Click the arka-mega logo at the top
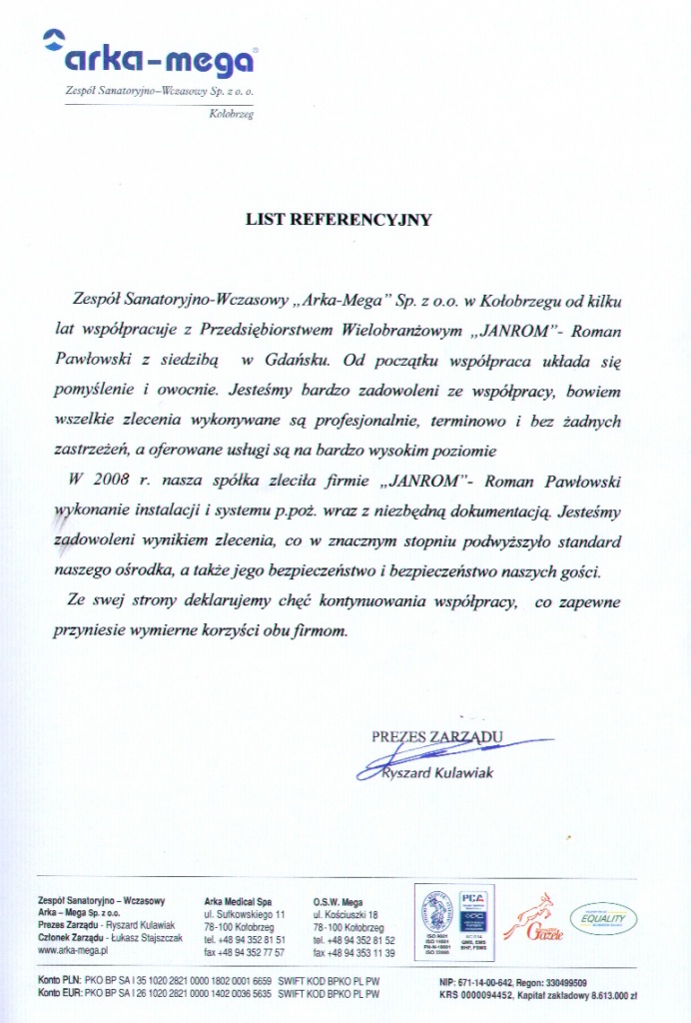150,58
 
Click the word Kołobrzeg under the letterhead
232,116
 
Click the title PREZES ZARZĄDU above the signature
437,737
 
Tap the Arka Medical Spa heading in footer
238,900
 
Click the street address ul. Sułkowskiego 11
246,914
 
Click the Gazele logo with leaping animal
533,919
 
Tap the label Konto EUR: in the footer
60,996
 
